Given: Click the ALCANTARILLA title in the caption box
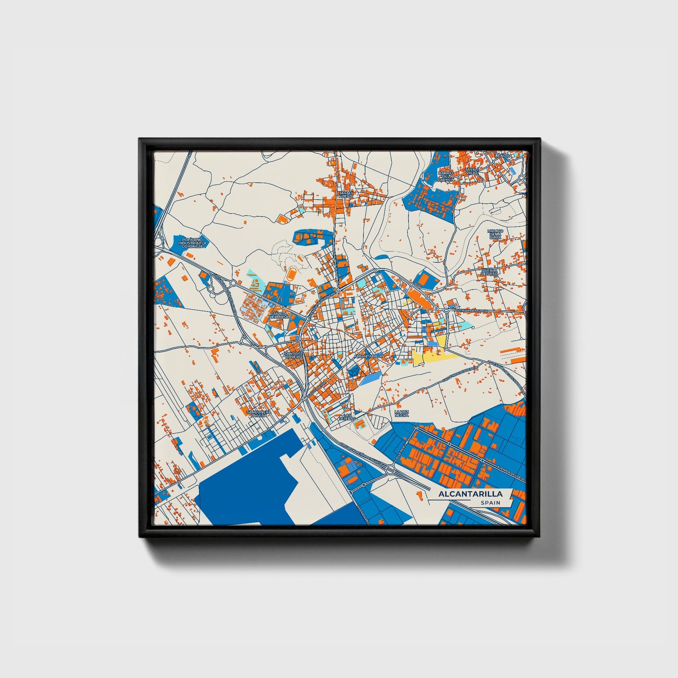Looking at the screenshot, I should coord(470,494).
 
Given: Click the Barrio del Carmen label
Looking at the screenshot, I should coord(446,176).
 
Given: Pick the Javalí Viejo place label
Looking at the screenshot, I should coord(472,171).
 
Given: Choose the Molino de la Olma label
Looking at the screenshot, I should coord(495,234).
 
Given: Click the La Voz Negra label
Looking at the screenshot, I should coord(402,413).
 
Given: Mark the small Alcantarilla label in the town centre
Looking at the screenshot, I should coord(368,356).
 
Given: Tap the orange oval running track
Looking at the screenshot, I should coord(292,272).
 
